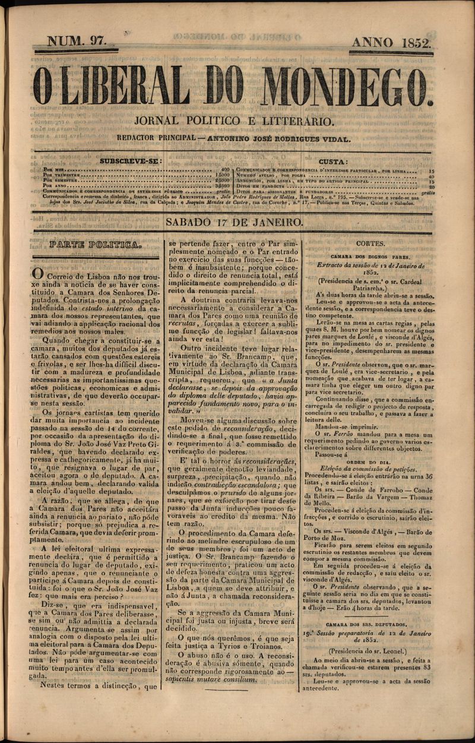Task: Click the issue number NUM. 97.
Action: (x=77, y=42)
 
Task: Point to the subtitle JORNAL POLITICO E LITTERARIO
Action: (x=235, y=121)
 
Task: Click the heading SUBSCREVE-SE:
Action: (x=130, y=161)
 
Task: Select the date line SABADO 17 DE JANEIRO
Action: (x=235, y=222)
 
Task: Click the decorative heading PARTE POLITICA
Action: (x=96, y=245)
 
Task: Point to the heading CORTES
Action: (x=371, y=244)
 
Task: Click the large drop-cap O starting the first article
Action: (x=37, y=274)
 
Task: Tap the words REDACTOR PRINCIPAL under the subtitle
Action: (x=156, y=138)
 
